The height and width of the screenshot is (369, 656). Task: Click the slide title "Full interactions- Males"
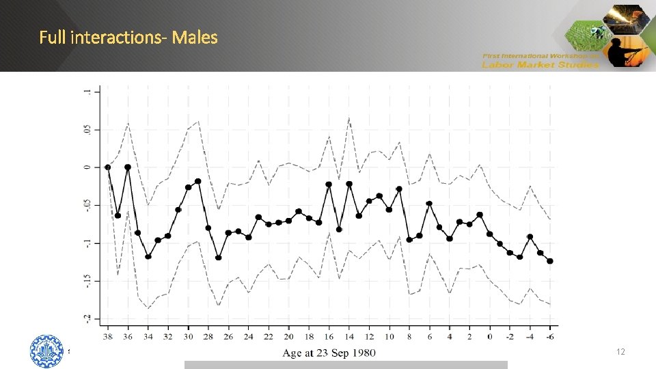[x=128, y=37]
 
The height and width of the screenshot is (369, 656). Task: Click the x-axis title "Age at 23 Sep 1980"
[x=329, y=353]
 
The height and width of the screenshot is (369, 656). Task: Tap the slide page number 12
[x=620, y=351]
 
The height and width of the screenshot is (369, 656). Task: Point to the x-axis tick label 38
[x=107, y=336]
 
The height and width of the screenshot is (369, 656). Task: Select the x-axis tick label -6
[x=550, y=336]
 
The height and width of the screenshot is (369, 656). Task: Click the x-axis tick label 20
[x=288, y=336]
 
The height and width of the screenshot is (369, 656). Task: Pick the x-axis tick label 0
[x=489, y=336]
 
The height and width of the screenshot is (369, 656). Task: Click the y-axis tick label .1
[x=87, y=91]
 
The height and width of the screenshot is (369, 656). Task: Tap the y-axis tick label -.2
[x=87, y=318]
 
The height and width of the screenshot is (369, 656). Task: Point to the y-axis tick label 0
[x=87, y=167]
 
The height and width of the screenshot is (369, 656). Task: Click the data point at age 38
[x=107, y=167]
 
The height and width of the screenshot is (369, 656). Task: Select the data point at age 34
[x=148, y=256]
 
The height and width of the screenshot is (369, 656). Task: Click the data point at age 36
[x=128, y=167]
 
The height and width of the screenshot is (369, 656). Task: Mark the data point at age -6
[x=550, y=261]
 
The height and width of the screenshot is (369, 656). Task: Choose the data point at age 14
[x=349, y=184]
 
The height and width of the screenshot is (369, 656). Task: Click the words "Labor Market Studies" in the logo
[x=540, y=65]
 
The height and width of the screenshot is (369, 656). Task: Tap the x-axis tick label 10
[x=389, y=336]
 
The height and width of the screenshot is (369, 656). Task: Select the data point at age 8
[x=409, y=239]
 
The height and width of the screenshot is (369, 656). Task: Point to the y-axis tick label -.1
[x=87, y=243]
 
